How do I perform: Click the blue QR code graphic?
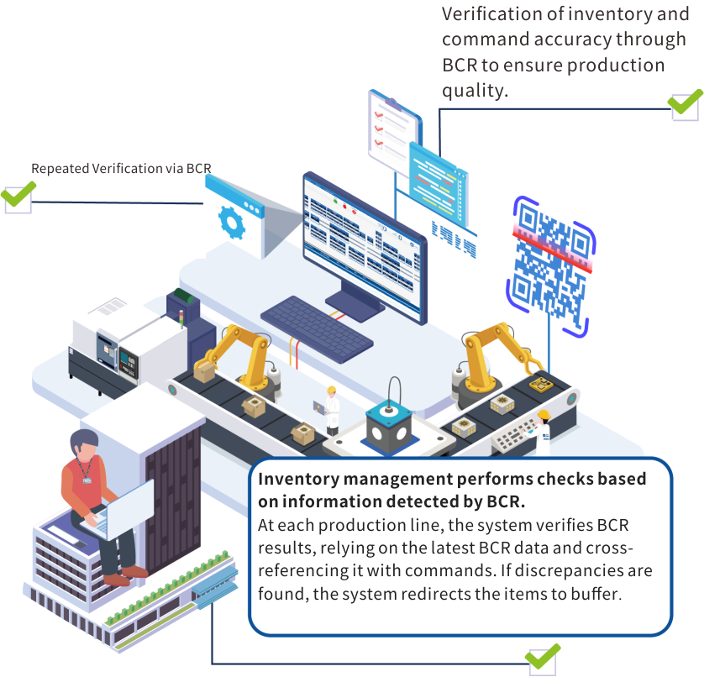(550, 266)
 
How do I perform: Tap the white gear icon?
(229, 220)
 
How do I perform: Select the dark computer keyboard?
(317, 328)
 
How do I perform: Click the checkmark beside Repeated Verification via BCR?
(17, 198)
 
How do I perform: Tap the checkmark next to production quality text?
(685, 104)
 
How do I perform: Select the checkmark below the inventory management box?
(542, 657)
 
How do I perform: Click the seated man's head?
(84, 444)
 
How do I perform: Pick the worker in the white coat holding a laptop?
(331, 409)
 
